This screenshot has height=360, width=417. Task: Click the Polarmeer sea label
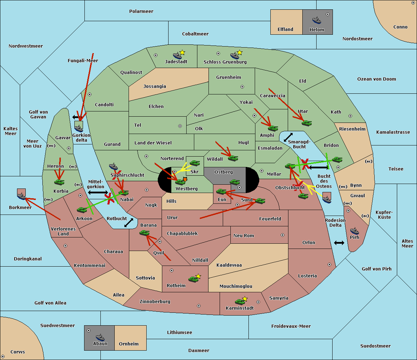pos(141,11)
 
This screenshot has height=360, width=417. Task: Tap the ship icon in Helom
pos(317,20)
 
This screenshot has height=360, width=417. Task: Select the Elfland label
pos(285,30)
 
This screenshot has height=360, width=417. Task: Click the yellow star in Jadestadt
pos(182,52)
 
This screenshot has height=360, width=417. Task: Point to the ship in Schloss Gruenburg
pos(235,56)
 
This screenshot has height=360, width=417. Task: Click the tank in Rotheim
pos(193,279)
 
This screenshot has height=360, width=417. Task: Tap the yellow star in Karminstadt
pos(245,299)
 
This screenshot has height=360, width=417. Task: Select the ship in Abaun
pos(100,337)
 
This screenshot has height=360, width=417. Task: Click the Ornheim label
pos(129,344)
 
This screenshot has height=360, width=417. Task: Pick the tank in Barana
pos(144,233)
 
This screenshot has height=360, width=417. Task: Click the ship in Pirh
pos(354,231)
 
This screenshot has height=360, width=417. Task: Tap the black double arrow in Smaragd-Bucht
pos(288,137)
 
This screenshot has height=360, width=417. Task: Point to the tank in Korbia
pos(59,182)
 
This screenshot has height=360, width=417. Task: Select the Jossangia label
pos(155,86)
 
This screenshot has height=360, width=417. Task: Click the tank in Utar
pos(306,123)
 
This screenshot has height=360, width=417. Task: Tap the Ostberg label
pos(223,172)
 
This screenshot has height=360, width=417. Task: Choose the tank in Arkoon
pos(82,210)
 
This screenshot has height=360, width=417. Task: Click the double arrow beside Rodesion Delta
pos(339,243)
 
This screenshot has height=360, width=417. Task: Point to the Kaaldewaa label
pos(229,265)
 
